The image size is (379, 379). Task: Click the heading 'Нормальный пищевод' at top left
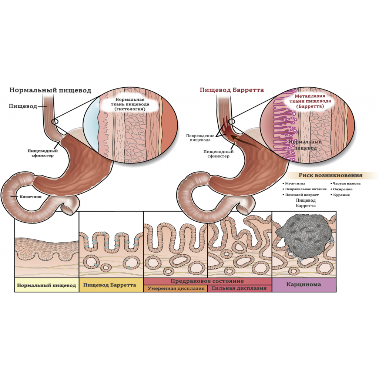pyautogui.click(x=50, y=90)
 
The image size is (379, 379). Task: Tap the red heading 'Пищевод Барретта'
pyautogui.click(x=232, y=90)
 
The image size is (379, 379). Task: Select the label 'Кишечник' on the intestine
pyautogui.click(x=34, y=197)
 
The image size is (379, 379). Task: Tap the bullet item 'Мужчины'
pyautogui.click(x=295, y=184)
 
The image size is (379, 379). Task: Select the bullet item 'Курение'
pyautogui.click(x=341, y=195)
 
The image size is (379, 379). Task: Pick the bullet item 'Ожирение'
pyautogui.click(x=342, y=189)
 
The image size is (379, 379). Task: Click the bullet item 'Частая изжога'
pyautogui.click(x=346, y=183)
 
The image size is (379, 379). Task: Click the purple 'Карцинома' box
pyautogui.click(x=304, y=285)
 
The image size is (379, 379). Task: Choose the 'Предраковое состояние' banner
pyautogui.click(x=207, y=282)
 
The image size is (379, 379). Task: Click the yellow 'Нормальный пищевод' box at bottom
pyautogui.click(x=47, y=285)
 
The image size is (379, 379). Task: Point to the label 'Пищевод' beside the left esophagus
pyautogui.click(x=23, y=107)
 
